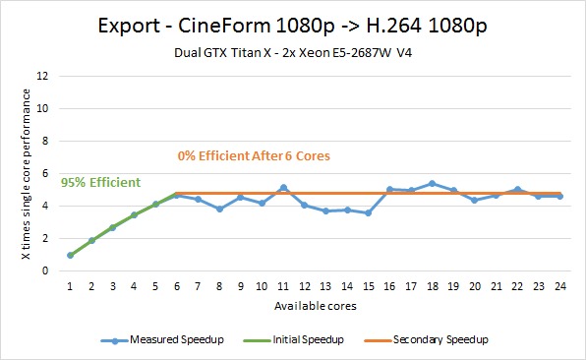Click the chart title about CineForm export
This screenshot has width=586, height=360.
click(293, 27)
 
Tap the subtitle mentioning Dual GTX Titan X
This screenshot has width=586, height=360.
click(293, 53)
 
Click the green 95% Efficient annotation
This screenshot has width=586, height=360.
click(100, 182)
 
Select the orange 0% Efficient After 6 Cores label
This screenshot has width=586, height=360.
click(254, 155)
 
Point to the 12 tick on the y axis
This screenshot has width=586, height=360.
click(42, 77)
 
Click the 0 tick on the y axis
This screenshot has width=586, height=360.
click(45, 270)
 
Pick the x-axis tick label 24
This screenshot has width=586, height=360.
click(559, 286)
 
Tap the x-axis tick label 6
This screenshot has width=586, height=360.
click(177, 286)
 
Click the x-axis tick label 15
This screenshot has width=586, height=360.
click(368, 286)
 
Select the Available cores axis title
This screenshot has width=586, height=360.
click(316, 306)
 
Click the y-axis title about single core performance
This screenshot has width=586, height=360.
click(26, 174)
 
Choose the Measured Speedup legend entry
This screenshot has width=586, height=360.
click(162, 339)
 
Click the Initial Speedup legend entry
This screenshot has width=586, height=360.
click(293, 339)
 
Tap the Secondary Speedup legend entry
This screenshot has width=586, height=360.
click(426, 339)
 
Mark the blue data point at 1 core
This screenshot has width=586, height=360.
click(70, 256)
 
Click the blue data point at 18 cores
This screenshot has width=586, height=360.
click(432, 184)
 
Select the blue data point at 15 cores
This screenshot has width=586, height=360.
click(368, 213)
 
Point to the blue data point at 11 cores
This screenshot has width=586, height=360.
click(283, 188)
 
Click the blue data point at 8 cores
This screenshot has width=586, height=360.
click(219, 209)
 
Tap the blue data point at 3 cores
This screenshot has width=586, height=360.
click(112, 227)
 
